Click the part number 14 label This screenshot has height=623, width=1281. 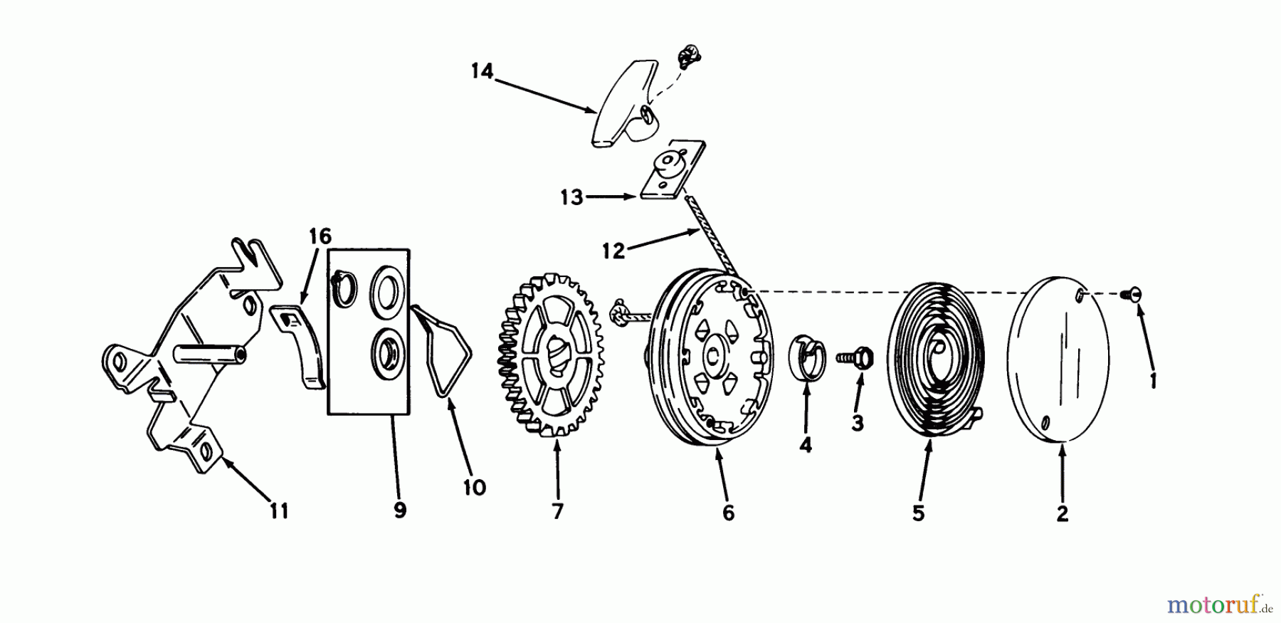(x=482, y=72)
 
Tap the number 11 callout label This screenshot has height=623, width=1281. (x=279, y=511)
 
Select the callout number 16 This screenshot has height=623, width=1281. (x=320, y=236)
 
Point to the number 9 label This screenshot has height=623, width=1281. (x=400, y=511)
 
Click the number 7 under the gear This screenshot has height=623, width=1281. (x=557, y=511)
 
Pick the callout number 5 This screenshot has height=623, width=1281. (x=918, y=513)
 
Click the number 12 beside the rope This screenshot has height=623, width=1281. (x=613, y=250)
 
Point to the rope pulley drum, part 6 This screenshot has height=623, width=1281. (x=712, y=356)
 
